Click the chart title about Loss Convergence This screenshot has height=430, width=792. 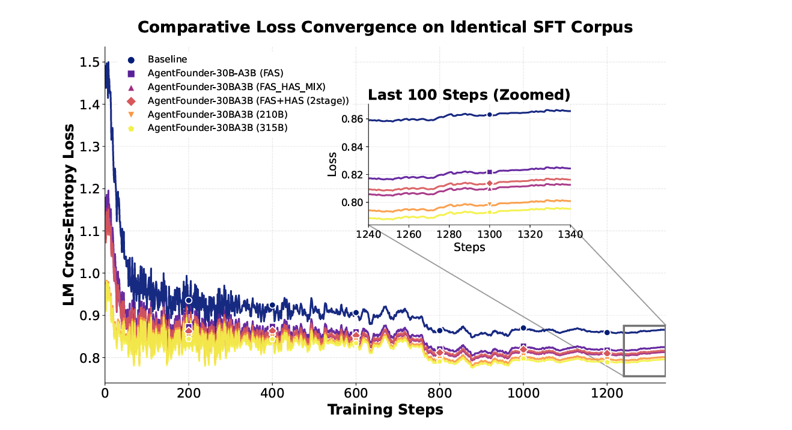click(385, 27)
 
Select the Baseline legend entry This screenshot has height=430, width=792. click(168, 59)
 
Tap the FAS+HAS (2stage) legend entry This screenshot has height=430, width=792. click(248, 100)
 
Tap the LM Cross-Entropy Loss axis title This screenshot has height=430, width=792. click(70, 214)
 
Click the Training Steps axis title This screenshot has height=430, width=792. click(385, 410)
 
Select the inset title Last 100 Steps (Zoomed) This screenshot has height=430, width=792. click(469, 95)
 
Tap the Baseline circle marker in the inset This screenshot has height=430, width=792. click(490, 114)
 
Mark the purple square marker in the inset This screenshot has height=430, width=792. click(490, 172)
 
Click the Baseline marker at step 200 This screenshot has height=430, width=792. click(189, 300)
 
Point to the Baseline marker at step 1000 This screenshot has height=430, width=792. click(523, 328)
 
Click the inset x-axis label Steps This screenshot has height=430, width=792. click(469, 247)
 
